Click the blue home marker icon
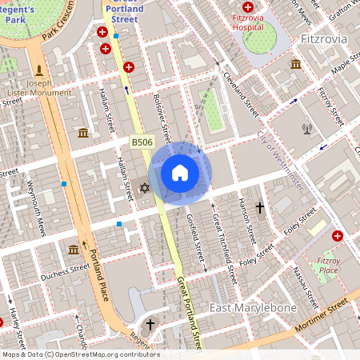180,173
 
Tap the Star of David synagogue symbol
145,187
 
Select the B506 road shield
142,142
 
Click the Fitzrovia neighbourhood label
325,38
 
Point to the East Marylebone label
253,308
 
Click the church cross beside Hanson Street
259,208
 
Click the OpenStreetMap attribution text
80,354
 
